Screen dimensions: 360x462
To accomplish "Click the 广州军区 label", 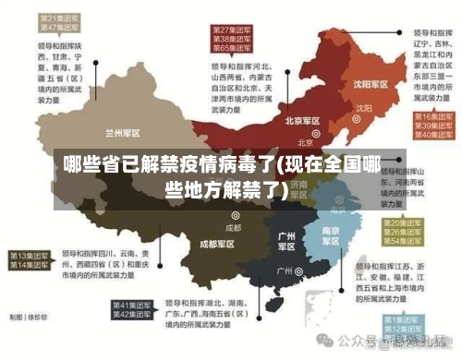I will (286, 241).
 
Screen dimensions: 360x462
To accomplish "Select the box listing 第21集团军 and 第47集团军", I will (56, 22).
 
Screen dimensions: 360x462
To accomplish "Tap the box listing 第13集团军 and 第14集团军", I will (30, 260).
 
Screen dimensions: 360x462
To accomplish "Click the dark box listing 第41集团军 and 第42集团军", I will (134, 310).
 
